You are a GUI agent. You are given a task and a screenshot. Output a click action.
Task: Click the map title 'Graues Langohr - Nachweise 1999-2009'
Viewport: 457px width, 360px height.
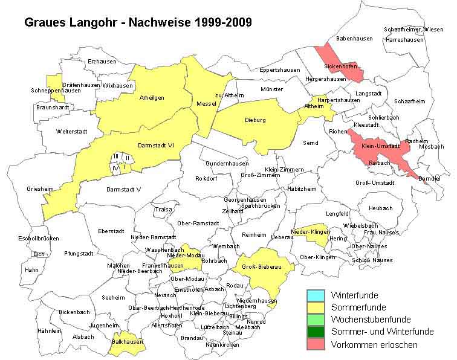click(138, 22)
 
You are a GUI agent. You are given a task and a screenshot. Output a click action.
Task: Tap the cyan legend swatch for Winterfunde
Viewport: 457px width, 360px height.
click(316, 295)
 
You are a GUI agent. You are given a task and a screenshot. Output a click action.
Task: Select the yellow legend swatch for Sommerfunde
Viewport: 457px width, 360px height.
click(316, 307)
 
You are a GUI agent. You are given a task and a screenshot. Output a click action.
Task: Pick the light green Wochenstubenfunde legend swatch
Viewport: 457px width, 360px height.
click(316, 320)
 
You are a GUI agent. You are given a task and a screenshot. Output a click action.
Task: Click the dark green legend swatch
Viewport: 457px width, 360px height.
click(316, 332)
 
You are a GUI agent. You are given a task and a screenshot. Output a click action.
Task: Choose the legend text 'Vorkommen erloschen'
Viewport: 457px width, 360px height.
click(374, 344)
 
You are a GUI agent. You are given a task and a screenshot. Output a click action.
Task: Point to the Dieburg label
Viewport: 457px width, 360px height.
click(255, 120)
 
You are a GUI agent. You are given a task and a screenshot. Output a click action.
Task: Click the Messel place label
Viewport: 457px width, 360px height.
click(206, 104)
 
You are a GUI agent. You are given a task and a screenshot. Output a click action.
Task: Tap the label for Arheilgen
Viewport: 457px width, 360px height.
click(152, 97)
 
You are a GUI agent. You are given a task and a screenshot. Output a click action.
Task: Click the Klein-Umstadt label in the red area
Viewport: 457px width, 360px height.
click(381, 146)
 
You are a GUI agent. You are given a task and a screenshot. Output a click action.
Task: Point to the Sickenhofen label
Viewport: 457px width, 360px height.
click(340, 65)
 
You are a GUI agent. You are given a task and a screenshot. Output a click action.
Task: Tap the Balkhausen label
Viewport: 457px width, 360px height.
click(127, 341)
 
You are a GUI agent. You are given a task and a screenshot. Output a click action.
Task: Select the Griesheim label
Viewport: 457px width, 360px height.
click(40, 189)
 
